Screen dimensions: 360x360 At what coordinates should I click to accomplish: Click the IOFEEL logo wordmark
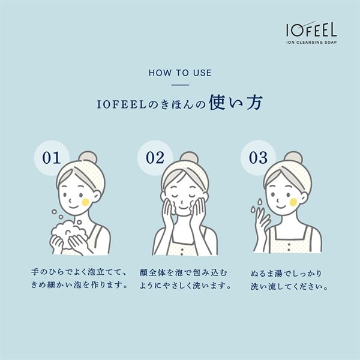[x=311, y=29]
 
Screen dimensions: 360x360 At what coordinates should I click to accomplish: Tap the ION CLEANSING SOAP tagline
[x=311, y=42]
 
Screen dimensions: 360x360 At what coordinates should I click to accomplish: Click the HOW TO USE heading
[x=180, y=73]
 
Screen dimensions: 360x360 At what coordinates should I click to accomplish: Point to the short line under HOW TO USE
[x=180, y=85]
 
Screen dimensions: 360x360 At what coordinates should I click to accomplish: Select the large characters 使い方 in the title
[x=235, y=103]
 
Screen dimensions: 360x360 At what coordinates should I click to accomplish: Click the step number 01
[x=52, y=158]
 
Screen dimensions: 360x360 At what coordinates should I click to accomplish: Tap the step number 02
[x=155, y=158]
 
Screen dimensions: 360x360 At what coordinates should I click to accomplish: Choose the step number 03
[x=258, y=158]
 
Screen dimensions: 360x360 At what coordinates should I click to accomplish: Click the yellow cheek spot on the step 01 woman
[x=86, y=202]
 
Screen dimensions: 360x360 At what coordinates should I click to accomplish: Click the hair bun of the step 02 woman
[x=189, y=157]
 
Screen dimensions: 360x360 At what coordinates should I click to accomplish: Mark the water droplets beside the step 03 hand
[x=257, y=205]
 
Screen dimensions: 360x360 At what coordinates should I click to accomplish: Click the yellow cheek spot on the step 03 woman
[x=293, y=202]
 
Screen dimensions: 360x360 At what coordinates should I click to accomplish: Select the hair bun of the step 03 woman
[x=293, y=157]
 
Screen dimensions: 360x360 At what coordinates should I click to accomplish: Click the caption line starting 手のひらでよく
[x=79, y=272]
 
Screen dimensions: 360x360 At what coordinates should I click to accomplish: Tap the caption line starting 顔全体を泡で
[x=184, y=272]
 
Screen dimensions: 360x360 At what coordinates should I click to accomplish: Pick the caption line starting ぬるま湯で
[x=286, y=274]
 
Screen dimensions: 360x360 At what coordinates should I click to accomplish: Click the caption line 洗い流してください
[x=289, y=287]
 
